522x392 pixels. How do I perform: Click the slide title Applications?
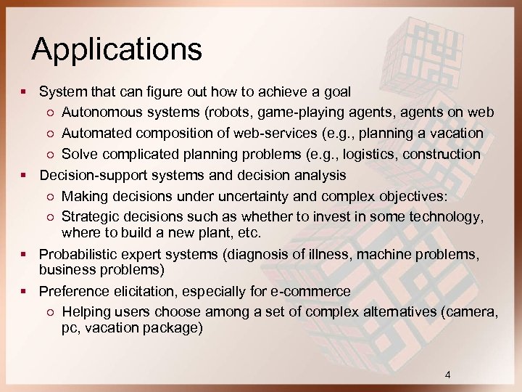(117, 49)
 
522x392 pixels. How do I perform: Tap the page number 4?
(447, 375)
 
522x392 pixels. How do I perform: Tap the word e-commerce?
(315, 291)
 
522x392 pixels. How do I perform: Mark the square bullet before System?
(25, 92)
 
